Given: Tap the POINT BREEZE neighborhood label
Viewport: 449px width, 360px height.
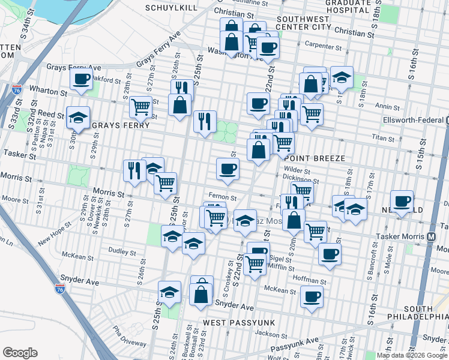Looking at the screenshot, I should point(319,158).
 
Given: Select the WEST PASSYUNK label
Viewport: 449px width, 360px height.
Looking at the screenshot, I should point(238,323).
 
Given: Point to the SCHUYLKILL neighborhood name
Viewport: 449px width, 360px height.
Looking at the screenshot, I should point(170,7).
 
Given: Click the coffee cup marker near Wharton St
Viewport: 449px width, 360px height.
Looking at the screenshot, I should point(80,79).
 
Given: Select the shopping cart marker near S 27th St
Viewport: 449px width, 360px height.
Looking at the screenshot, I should point(140,107).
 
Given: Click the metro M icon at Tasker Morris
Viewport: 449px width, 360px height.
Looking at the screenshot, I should point(431,236).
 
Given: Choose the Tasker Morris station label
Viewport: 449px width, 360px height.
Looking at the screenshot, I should point(399,236).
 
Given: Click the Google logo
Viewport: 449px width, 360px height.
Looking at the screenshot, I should point(20,353).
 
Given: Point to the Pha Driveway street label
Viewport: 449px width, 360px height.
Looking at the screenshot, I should point(124,340).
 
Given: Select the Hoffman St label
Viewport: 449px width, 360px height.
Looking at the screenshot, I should point(309,280).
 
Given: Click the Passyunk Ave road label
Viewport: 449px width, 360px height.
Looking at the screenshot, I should point(294,344).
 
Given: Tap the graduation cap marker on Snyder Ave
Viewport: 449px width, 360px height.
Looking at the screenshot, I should point(170,293).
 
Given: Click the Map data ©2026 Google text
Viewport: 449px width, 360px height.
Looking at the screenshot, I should point(412,355).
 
